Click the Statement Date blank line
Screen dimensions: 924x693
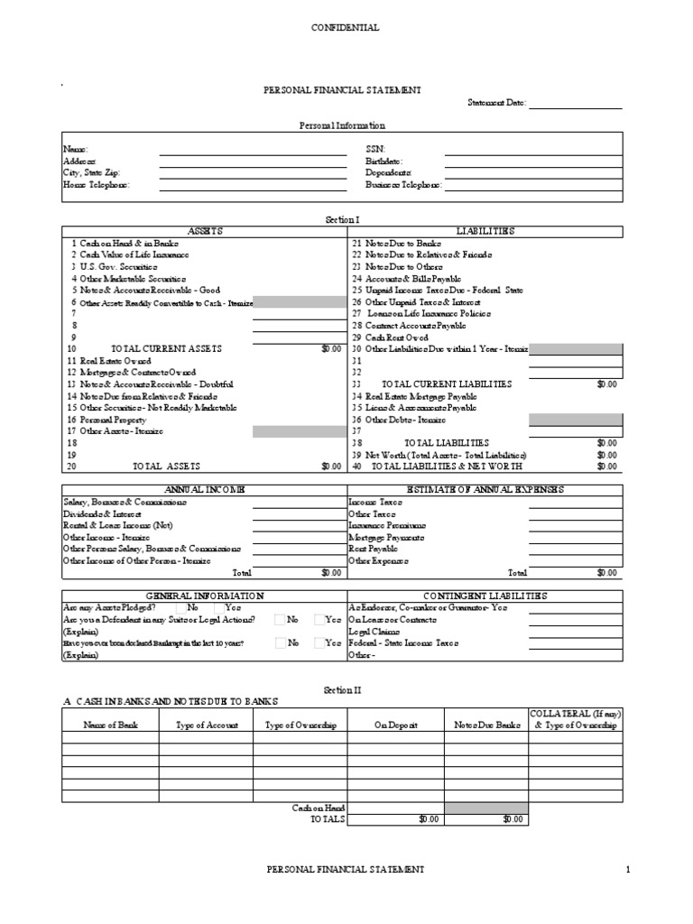(x=575, y=104)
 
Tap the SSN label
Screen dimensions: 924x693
(x=374, y=148)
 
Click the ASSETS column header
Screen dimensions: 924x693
(x=204, y=231)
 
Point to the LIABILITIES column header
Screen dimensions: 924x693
(x=485, y=231)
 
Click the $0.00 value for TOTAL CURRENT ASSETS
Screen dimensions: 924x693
(x=330, y=348)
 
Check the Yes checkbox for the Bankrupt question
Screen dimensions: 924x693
(x=320, y=643)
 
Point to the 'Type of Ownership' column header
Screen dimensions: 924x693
(x=300, y=725)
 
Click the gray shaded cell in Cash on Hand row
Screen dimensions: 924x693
(x=485, y=808)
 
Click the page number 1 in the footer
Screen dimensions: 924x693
(x=626, y=869)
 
